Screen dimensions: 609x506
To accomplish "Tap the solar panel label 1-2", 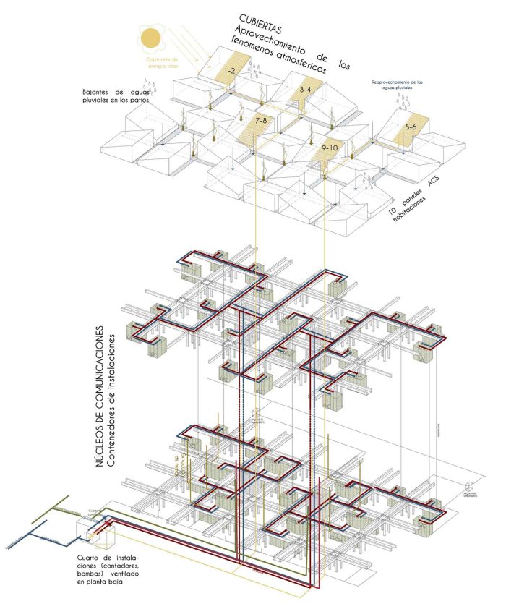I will point(229,71).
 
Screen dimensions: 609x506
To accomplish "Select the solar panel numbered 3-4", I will point(306,90).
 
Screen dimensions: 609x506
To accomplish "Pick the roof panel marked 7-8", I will point(261,119).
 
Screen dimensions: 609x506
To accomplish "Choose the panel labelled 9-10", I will point(330,148).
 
